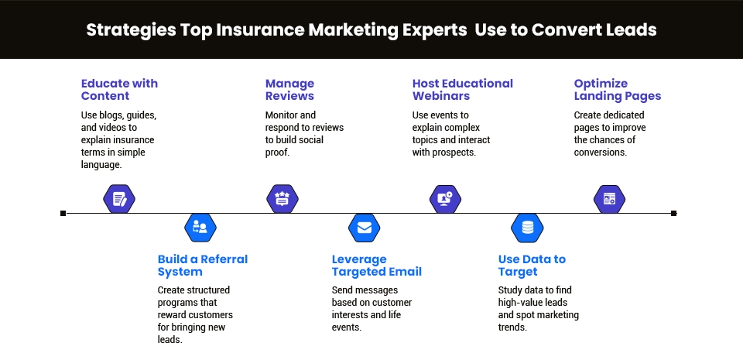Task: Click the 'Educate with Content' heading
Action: [x=119, y=90]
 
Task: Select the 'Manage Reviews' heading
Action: [x=290, y=90]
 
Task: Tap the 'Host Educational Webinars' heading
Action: [x=462, y=90]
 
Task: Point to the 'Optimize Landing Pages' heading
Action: [x=618, y=90]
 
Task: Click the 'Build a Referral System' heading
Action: [x=203, y=266]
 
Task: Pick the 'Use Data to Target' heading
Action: [x=532, y=266]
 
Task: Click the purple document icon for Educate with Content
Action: [x=119, y=198]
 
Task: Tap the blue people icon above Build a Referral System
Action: [x=200, y=227]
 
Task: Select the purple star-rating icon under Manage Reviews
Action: [x=282, y=198]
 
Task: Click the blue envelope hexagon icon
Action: [x=365, y=228]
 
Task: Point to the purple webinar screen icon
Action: [x=446, y=198]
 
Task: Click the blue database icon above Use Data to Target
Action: [x=528, y=228]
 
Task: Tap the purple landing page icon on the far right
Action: [x=609, y=198]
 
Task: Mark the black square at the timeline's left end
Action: [x=63, y=213]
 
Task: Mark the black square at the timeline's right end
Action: [x=674, y=213]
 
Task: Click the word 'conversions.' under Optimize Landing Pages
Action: [x=600, y=153]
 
